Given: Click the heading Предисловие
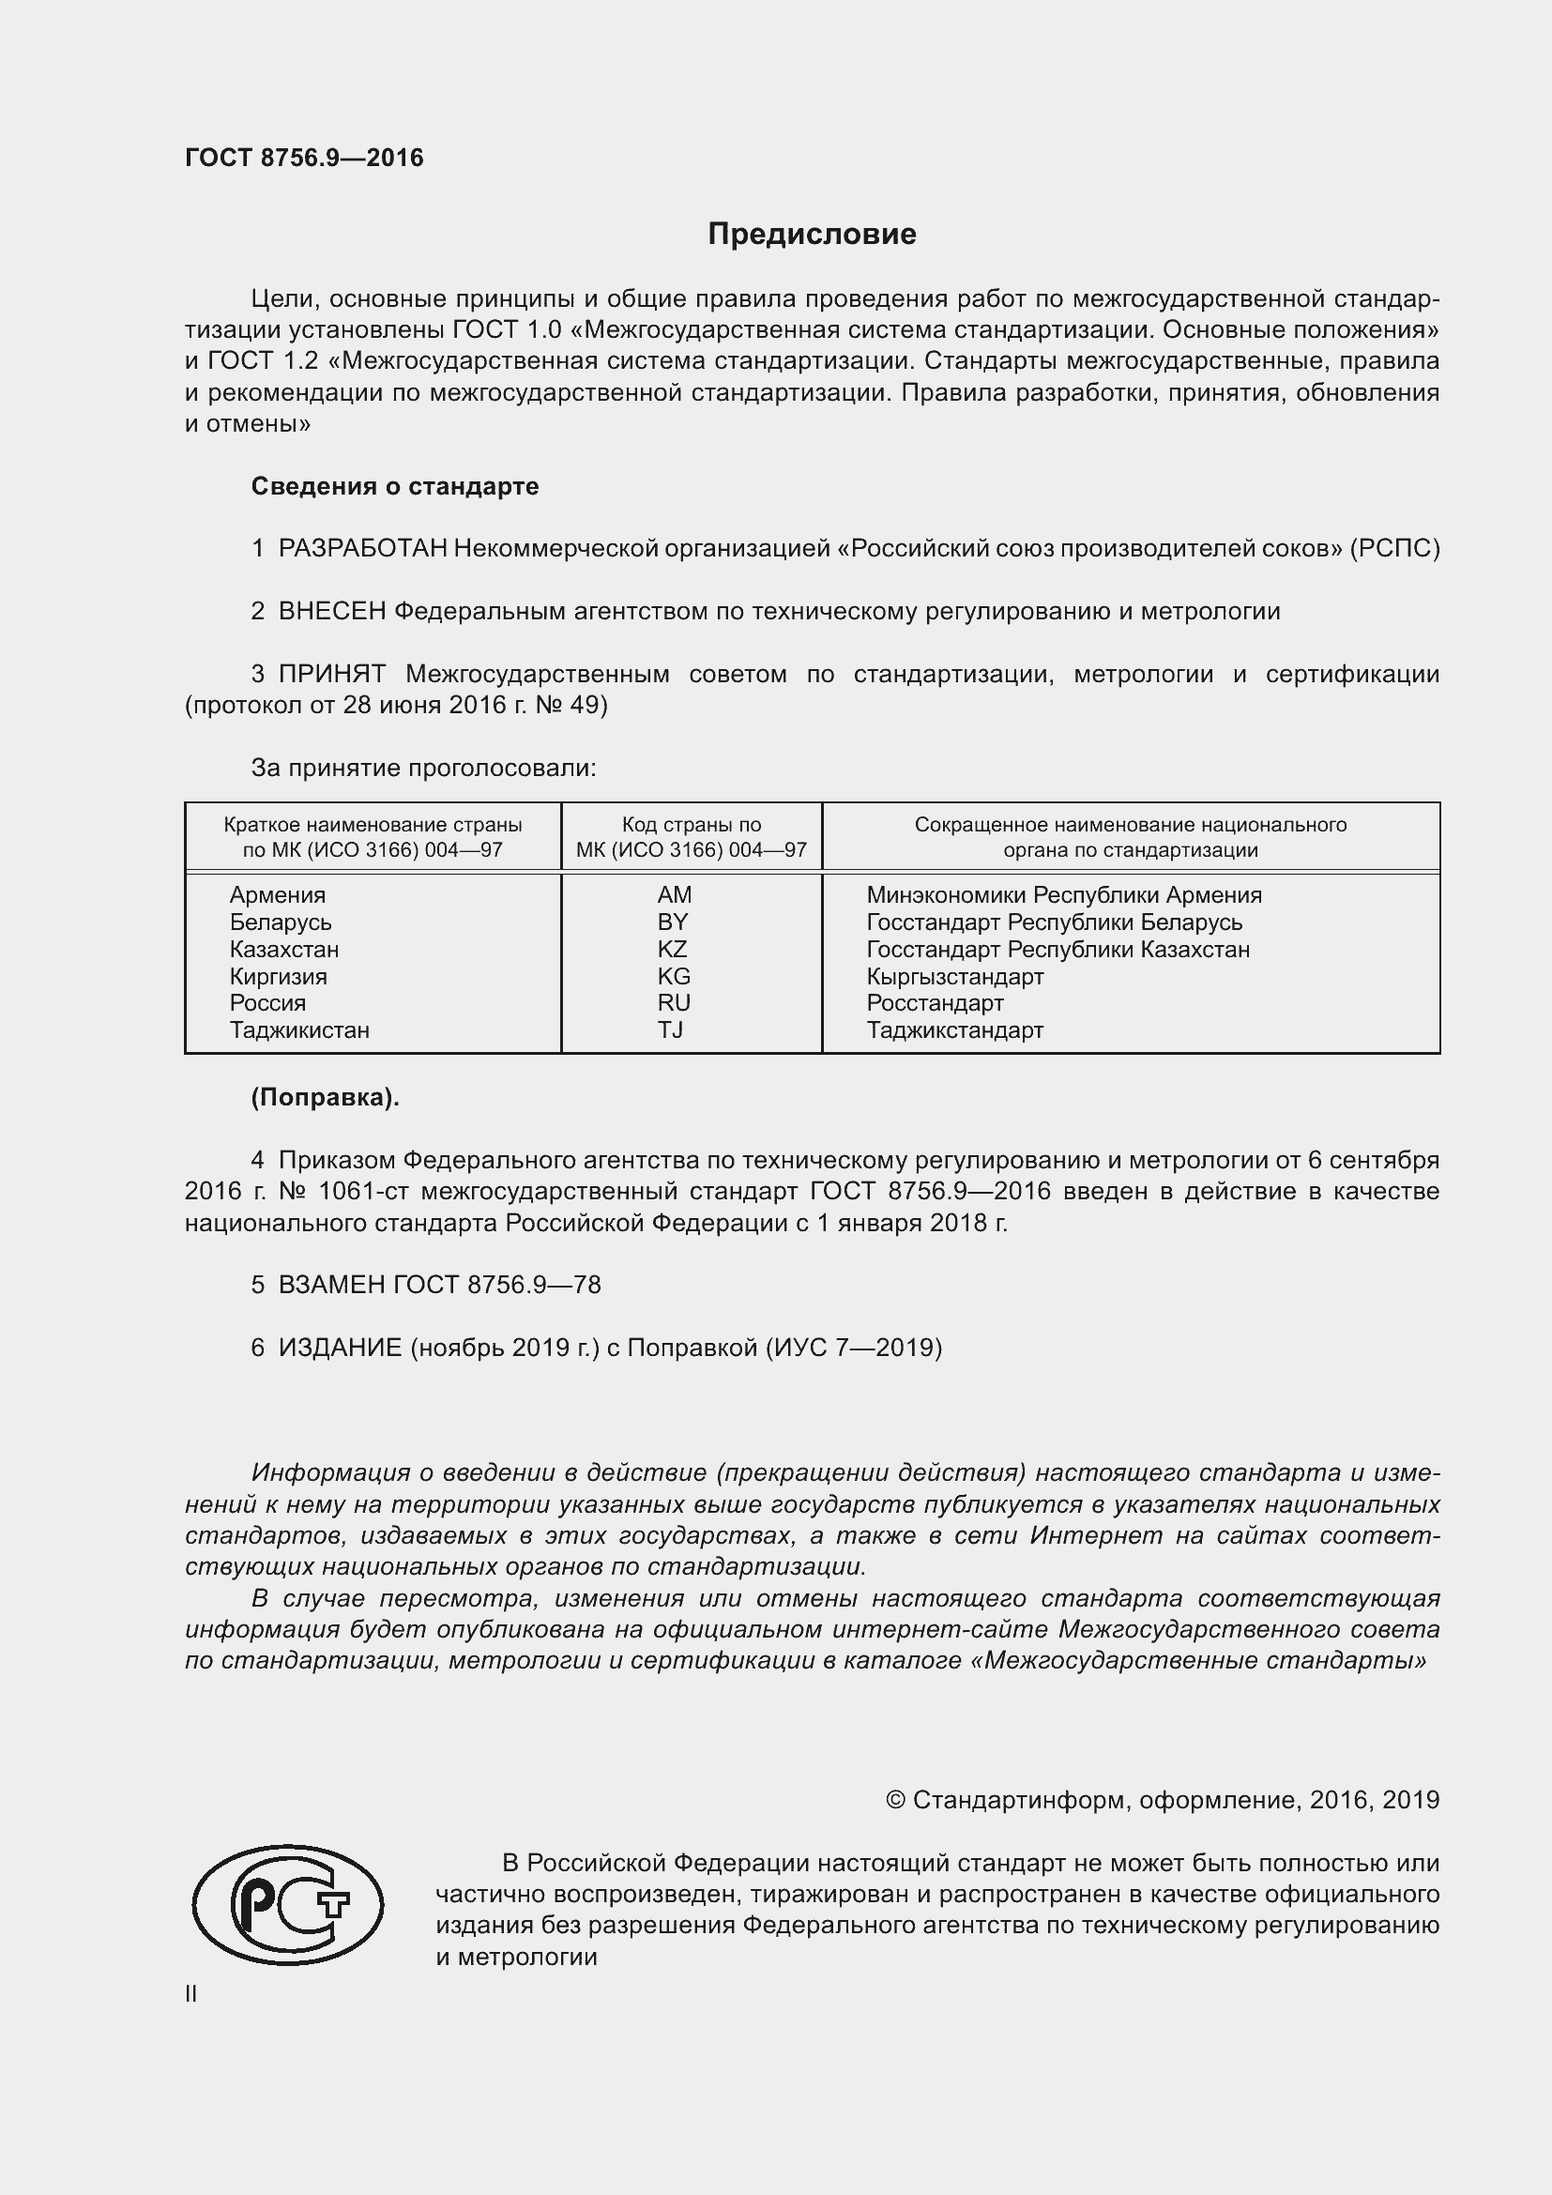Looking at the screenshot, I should pyautogui.click(x=812, y=235).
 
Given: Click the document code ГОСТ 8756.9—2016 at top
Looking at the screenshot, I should pyautogui.click(x=304, y=158).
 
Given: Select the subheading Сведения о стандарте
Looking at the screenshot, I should pyautogui.click(x=395, y=487).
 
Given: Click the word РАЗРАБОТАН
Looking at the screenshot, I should pyautogui.click(x=362, y=549).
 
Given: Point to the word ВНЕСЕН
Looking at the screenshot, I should pyautogui.click(x=331, y=612).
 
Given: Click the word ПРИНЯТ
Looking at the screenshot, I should pyautogui.click(x=331, y=674).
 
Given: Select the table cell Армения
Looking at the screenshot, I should pyautogui.click(x=277, y=896).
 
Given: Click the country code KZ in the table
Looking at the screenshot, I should pyautogui.click(x=673, y=950).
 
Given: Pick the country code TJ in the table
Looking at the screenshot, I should pyautogui.click(x=670, y=1030).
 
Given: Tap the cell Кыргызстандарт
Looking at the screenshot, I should pyautogui.click(x=954, y=977).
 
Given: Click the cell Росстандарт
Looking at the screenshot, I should pyautogui.click(x=935, y=1004).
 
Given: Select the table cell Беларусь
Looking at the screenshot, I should pyautogui.click(x=280, y=922).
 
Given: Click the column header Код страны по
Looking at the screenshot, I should pyautogui.click(x=691, y=825).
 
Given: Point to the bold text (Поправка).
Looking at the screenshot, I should pyautogui.click(x=325, y=1098).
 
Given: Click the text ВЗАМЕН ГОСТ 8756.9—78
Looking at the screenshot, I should pyautogui.click(x=438, y=1285).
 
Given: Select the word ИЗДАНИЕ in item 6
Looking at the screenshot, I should pyautogui.click(x=340, y=1348).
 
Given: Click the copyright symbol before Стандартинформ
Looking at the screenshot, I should pyautogui.click(x=894, y=1801).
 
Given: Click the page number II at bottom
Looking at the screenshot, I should pyautogui.click(x=191, y=1994).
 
